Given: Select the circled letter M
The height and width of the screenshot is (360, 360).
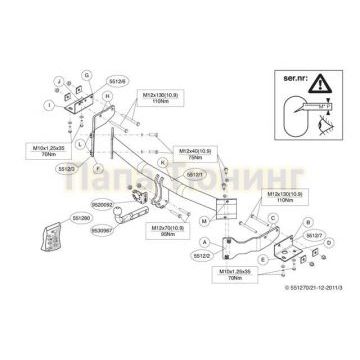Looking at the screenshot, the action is pos(204,218).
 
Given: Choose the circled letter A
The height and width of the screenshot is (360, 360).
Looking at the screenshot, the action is pos(206,242).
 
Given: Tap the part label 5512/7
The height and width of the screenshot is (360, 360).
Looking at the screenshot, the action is pos(313,238).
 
